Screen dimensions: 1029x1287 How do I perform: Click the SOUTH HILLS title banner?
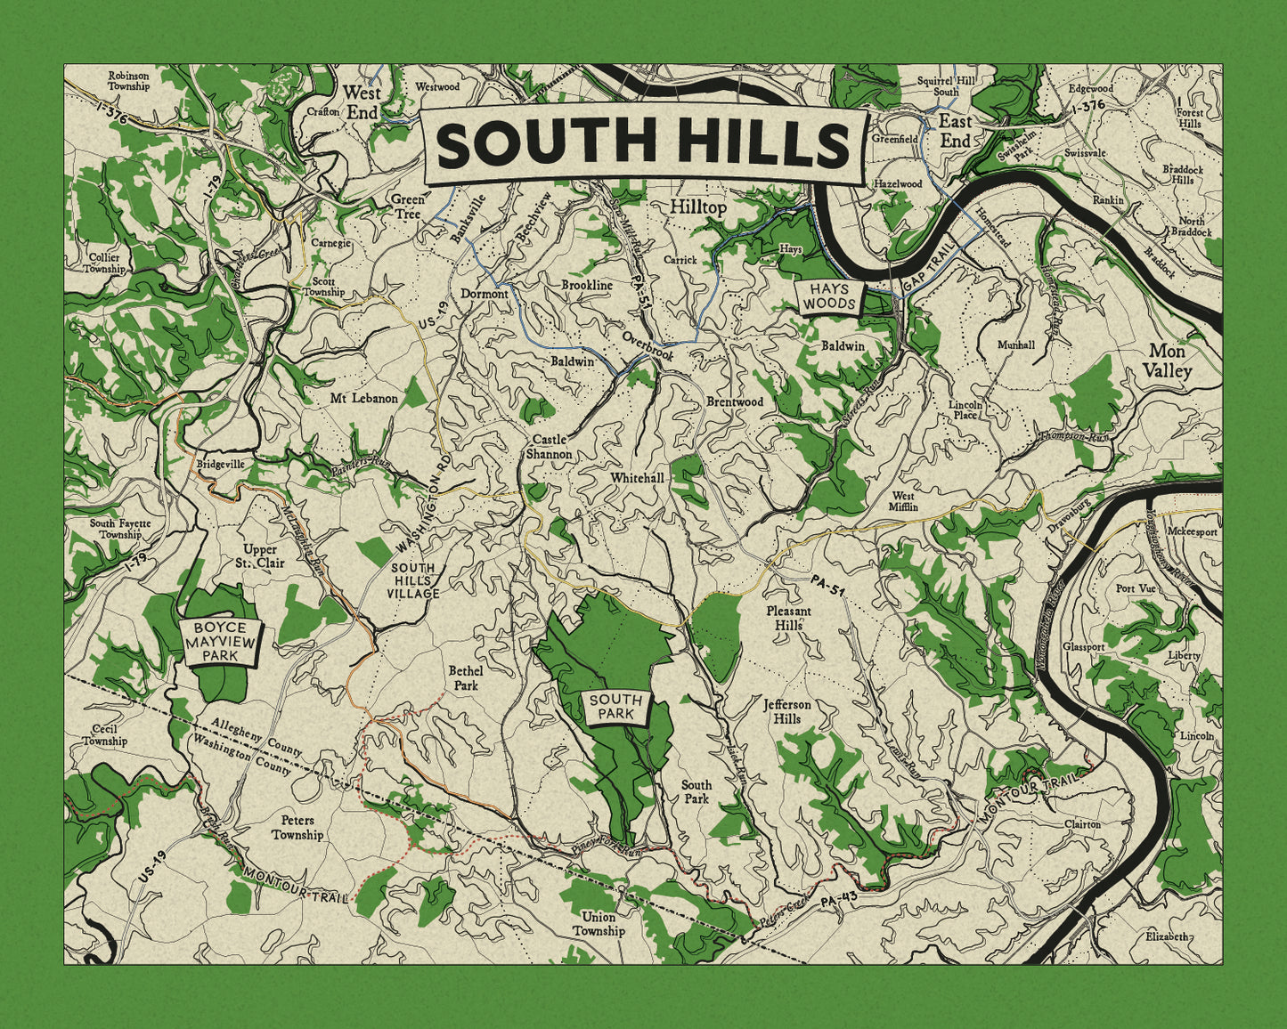pos(645,144)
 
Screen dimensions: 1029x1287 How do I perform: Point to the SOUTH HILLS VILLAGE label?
pos(414,580)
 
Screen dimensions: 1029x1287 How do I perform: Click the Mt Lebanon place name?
pos(363,398)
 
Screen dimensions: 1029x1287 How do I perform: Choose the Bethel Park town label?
pos(465,677)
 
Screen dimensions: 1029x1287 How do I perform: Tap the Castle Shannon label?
pos(549,447)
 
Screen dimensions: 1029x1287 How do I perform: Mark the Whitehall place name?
pos(637,478)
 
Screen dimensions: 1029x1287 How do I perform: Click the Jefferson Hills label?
pos(787,711)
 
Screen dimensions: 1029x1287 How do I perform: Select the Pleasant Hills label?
pos(788,618)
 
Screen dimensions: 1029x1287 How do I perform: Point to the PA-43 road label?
pos(837,903)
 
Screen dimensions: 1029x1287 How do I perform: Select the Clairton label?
pos(1082,824)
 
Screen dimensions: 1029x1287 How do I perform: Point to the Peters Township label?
pos(297,828)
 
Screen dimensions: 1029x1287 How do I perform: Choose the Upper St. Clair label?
pos(259,556)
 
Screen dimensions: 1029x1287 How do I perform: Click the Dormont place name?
pos(484,294)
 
